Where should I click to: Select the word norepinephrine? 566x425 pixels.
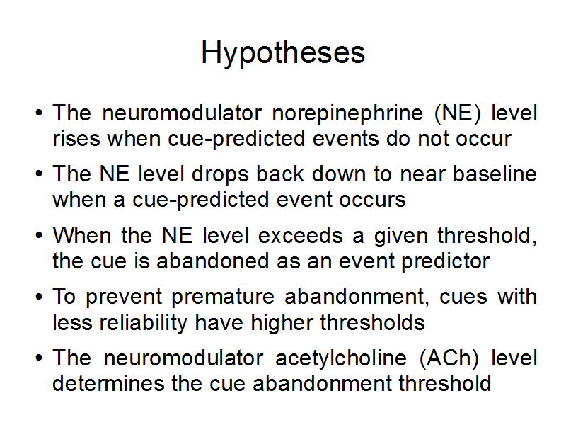click(347, 113)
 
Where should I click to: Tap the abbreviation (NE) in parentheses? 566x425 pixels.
click(458, 113)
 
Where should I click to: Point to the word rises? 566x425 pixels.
click(76, 138)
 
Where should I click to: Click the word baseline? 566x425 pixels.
click(495, 174)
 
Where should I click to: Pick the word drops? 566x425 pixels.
click(220, 175)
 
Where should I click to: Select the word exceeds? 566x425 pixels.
click(300, 235)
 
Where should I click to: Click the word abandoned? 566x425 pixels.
click(213, 261)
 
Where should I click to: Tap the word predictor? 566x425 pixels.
click(446, 261)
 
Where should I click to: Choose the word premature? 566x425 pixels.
click(223, 297)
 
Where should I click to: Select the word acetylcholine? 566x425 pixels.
click(341, 359)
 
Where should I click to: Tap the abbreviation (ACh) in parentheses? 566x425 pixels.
click(449, 358)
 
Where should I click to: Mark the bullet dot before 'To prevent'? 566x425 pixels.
click(39, 297)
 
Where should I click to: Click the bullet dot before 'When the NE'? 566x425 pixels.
click(39, 236)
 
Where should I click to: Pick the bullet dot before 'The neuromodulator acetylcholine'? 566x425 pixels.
click(39, 358)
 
